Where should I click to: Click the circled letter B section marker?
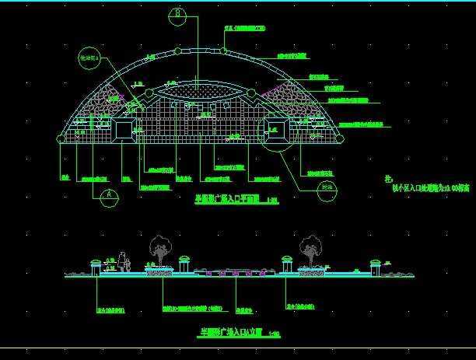coord(178,13)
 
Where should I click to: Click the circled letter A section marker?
coord(109,196)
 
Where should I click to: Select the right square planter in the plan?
coord(276,129)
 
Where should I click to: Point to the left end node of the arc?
coord(61,138)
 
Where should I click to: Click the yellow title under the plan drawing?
coord(226,199)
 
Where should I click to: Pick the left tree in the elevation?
coord(161,250)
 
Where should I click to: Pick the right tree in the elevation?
coord(310,249)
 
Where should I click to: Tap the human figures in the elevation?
coord(123,261)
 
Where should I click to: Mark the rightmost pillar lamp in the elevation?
coord(376,266)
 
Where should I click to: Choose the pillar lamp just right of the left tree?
coord(185,264)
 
